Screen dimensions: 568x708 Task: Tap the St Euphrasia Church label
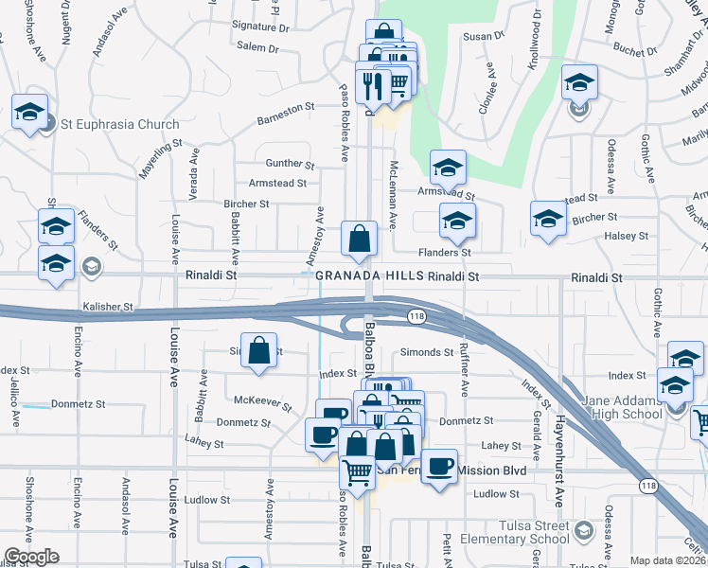[119, 125]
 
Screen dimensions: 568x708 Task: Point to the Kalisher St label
[109, 308]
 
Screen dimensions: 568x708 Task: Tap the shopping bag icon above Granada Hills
[360, 240]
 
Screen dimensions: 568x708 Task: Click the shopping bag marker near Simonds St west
[259, 352]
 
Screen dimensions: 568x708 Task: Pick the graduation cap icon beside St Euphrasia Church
[30, 113]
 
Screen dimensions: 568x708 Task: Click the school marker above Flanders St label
[457, 222]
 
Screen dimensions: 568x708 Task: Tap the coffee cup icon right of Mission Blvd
[439, 468]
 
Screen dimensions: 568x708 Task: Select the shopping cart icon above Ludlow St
[357, 470]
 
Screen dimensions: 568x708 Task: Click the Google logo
[32, 557]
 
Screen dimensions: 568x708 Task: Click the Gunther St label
[290, 164]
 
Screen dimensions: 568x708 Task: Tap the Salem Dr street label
[257, 47]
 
